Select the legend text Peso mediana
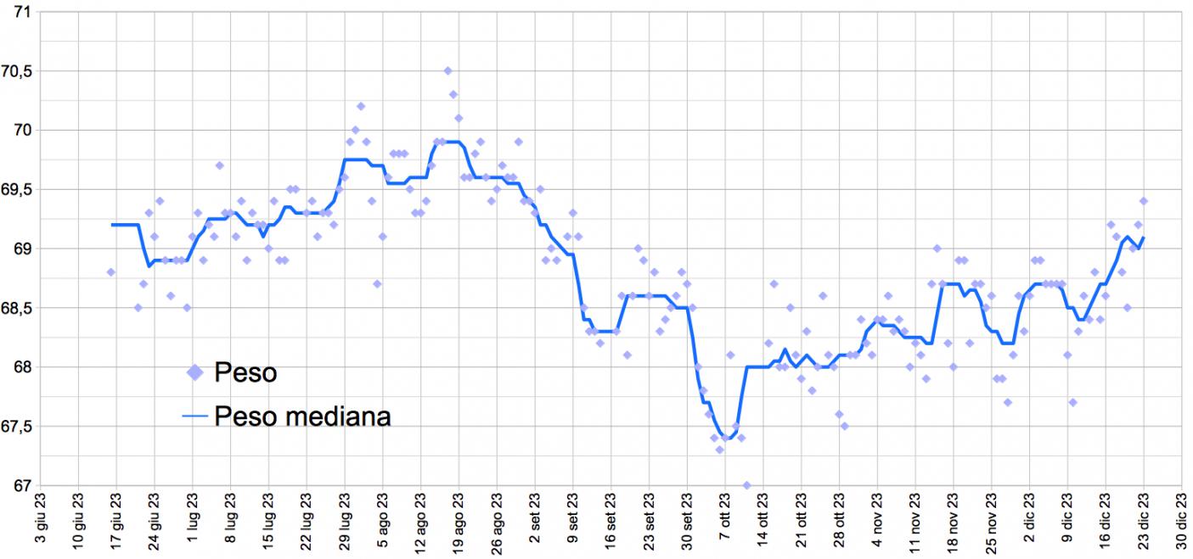(303, 416)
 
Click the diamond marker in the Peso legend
(195, 372)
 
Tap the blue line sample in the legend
(195, 416)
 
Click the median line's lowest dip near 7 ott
(726, 439)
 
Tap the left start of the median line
(111, 225)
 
